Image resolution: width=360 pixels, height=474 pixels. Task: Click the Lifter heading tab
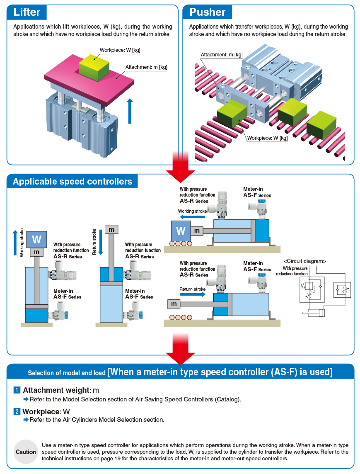click(x=27, y=12)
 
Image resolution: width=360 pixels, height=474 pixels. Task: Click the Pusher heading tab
click(x=207, y=12)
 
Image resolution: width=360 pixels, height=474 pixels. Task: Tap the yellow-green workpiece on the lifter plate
click(x=94, y=68)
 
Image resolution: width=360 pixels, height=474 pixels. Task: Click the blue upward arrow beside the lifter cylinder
click(x=130, y=111)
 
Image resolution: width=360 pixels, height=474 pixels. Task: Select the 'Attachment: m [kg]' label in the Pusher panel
click(x=222, y=55)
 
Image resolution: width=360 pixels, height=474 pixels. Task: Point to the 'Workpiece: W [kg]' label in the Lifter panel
click(x=120, y=50)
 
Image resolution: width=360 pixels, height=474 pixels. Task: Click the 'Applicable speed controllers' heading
click(x=72, y=181)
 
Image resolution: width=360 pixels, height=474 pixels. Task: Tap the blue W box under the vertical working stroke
click(x=36, y=239)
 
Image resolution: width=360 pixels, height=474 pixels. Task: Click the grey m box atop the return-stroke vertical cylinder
click(x=111, y=229)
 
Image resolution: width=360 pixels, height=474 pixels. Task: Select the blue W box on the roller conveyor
click(x=181, y=231)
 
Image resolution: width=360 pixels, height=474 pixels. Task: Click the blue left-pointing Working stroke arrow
click(x=193, y=217)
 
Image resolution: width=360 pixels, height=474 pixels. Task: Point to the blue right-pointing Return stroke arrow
click(x=193, y=294)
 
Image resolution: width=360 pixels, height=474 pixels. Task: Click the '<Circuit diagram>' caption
click(x=305, y=261)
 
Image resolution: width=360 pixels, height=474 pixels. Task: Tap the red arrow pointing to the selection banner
click(x=180, y=348)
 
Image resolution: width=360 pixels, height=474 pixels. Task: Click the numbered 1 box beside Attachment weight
click(x=17, y=390)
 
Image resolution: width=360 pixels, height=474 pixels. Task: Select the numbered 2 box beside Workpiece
click(x=17, y=411)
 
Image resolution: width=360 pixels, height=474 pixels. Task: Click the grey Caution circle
click(x=26, y=452)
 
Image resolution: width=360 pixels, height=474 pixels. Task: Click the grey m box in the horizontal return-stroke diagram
click(x=174, y=304)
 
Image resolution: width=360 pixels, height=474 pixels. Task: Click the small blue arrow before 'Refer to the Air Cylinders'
click(x=26, y=420)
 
